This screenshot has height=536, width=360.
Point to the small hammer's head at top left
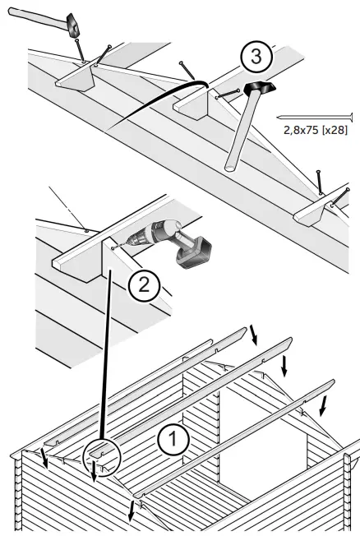pos(75,25)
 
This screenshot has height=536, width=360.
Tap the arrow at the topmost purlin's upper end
pos(254,334)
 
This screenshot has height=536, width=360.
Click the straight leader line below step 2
pos(105,353)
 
